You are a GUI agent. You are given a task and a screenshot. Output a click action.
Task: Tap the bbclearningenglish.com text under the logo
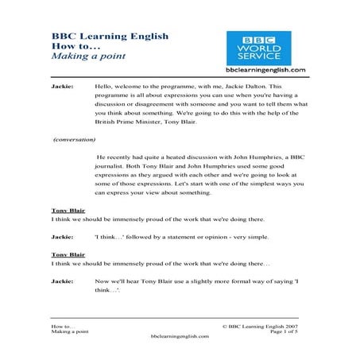(265, 71)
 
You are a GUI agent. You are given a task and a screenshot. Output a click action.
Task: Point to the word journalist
(112, 169)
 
